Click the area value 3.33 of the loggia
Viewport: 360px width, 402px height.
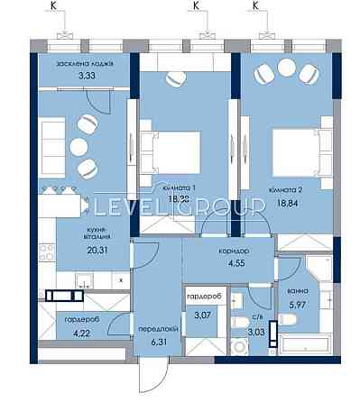click(87, 76)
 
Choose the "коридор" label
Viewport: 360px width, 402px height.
click(234, 251)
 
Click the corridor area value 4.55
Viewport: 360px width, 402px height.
click(234, 265)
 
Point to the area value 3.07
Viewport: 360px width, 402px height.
click(198, 314)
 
